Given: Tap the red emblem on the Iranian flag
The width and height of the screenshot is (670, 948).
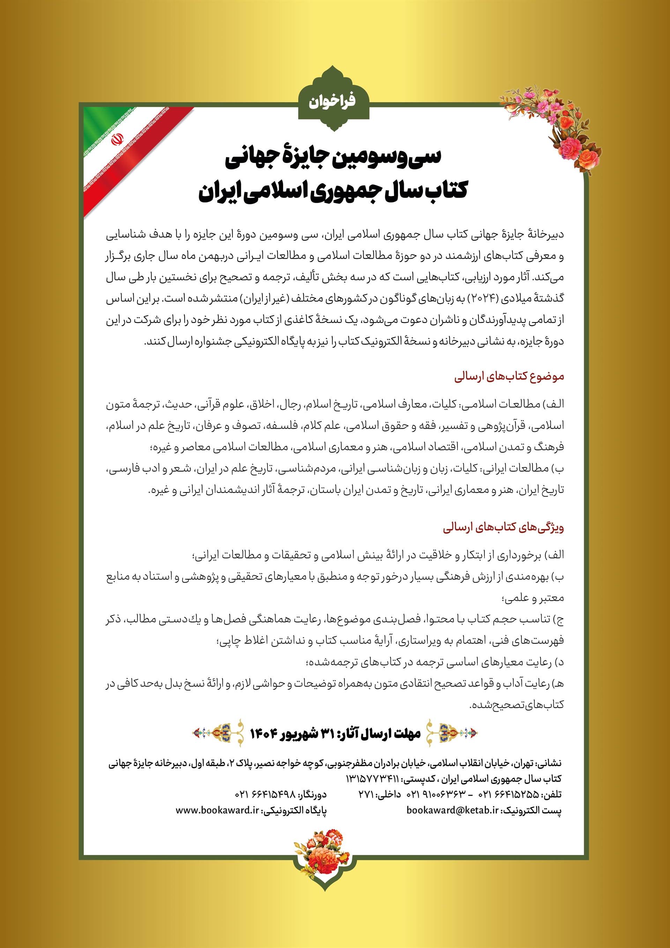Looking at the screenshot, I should [x=117, y=139].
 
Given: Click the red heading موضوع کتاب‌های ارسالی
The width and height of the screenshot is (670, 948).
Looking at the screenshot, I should [x=509, y=377].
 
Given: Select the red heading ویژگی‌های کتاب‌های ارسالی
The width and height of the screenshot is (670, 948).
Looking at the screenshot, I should [x=503, y=528].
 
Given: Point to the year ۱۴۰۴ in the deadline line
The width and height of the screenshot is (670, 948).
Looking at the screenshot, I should [x=263, y=733].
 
